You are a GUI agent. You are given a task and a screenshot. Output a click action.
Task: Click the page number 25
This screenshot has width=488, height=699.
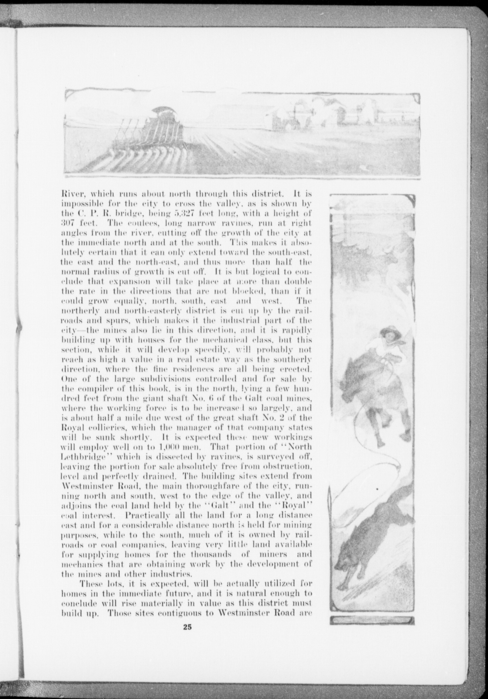pos(187,627)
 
